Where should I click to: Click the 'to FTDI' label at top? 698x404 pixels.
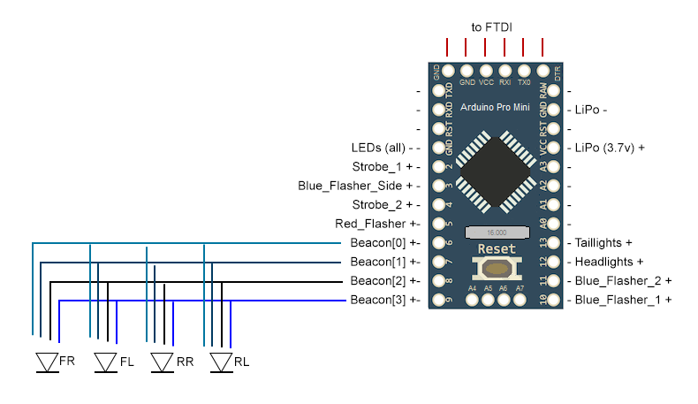[x=494, y=27]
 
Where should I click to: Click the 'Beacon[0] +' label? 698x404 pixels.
[x=383, y=242]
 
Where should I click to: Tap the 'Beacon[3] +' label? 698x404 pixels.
[x=383, y=301]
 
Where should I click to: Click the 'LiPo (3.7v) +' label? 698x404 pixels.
[x=610, y=147]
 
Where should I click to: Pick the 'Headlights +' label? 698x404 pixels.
[x=609, y=262]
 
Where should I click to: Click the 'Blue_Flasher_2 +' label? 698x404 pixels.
[x=623, y=281]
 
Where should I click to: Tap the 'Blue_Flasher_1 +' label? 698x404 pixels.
[x=623, y=301]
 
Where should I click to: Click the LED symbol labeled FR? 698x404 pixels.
[x=46, y=362]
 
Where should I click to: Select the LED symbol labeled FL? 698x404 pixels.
[x=105, y=362]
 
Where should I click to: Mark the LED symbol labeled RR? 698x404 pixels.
[x=162, y=362]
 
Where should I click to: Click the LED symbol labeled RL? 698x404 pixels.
[x=222, y=362]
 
